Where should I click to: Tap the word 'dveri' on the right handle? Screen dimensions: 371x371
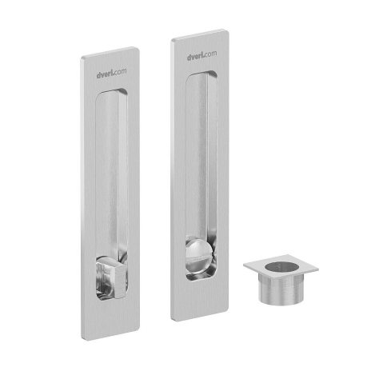tap(196, 57)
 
